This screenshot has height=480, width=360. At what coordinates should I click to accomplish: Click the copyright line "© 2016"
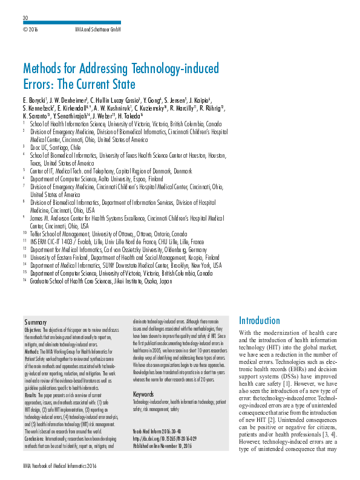(30, 29)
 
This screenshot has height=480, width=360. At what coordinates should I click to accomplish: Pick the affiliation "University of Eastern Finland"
(121, 257)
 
